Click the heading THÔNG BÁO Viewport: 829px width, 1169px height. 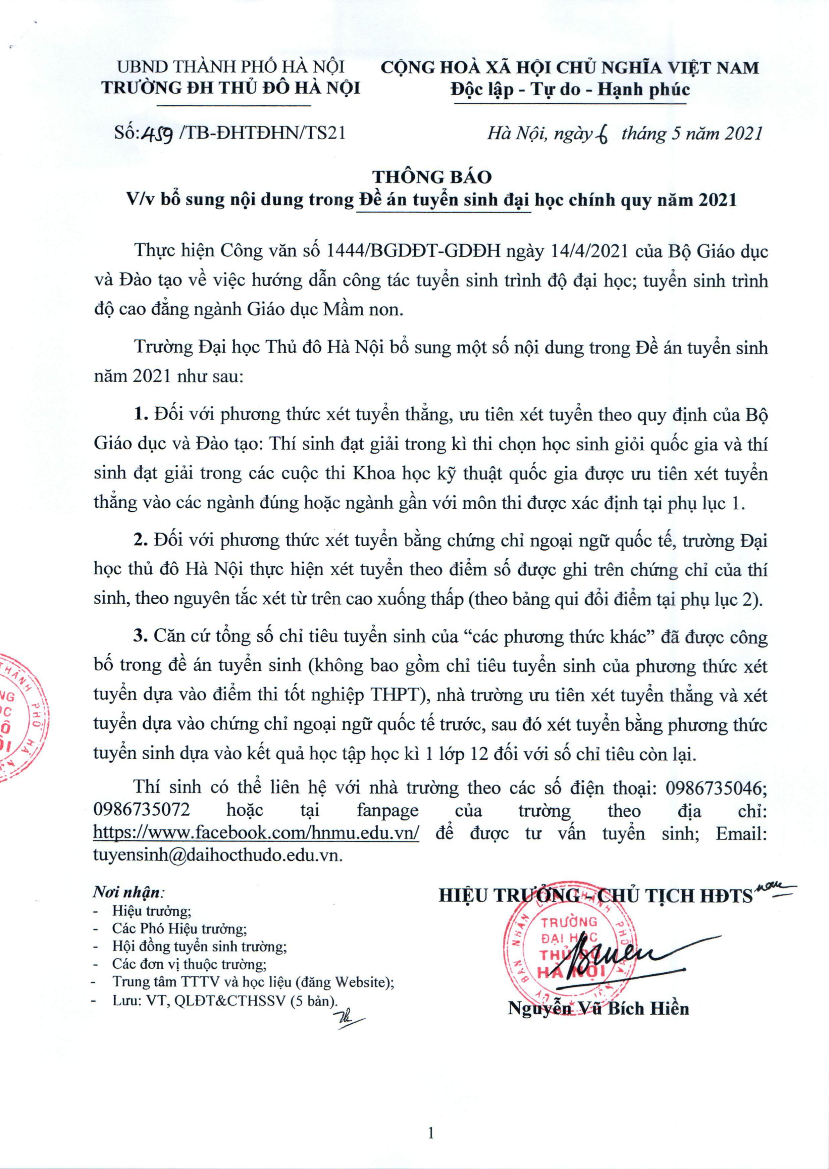click(431, 177)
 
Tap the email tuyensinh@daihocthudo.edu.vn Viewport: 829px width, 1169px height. click(217, 856)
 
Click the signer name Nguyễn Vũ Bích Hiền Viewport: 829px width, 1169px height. click(598, 1009)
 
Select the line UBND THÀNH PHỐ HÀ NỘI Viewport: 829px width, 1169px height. click(231, 67)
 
